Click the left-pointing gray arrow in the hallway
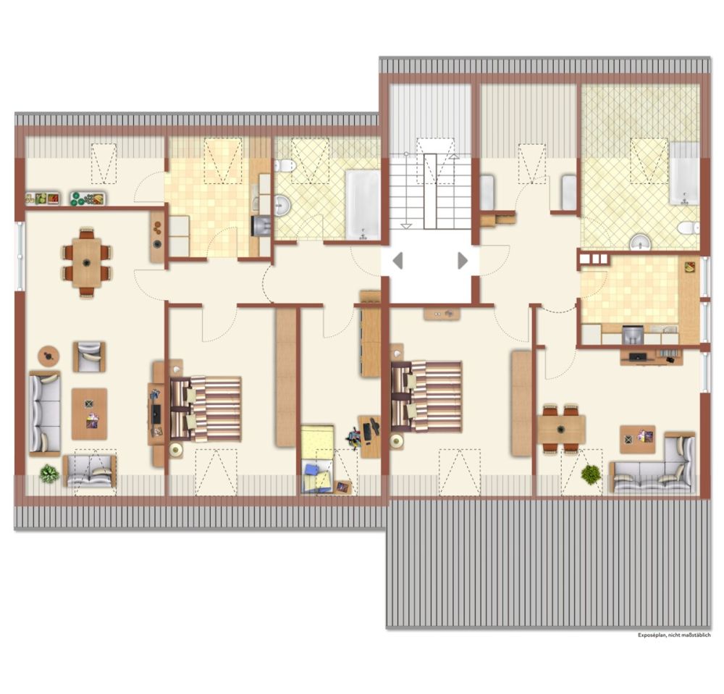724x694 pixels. tap(397, 261)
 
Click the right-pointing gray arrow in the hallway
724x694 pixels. tap(463, 261)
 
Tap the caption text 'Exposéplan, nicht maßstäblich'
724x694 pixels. tap(674, 635)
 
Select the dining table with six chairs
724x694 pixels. tap(87, 262)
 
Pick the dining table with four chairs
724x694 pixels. tap(561, 428)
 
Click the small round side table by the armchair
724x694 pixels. tap(49, 356)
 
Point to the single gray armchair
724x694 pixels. tap(89, 356)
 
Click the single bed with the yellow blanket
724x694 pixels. tap(318, 459)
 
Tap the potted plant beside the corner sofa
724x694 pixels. tap(591, 474)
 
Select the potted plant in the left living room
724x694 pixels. tap(49, 474)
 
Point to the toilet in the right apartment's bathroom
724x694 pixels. tap(689, 227)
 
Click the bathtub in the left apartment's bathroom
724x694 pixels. tap(363, 205)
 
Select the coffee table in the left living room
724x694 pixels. tap(89, 414)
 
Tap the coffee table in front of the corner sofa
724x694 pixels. tap(638, 439)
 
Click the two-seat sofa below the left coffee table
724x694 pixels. tap(90, 472)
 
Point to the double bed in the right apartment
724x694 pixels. tap(426, 396)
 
